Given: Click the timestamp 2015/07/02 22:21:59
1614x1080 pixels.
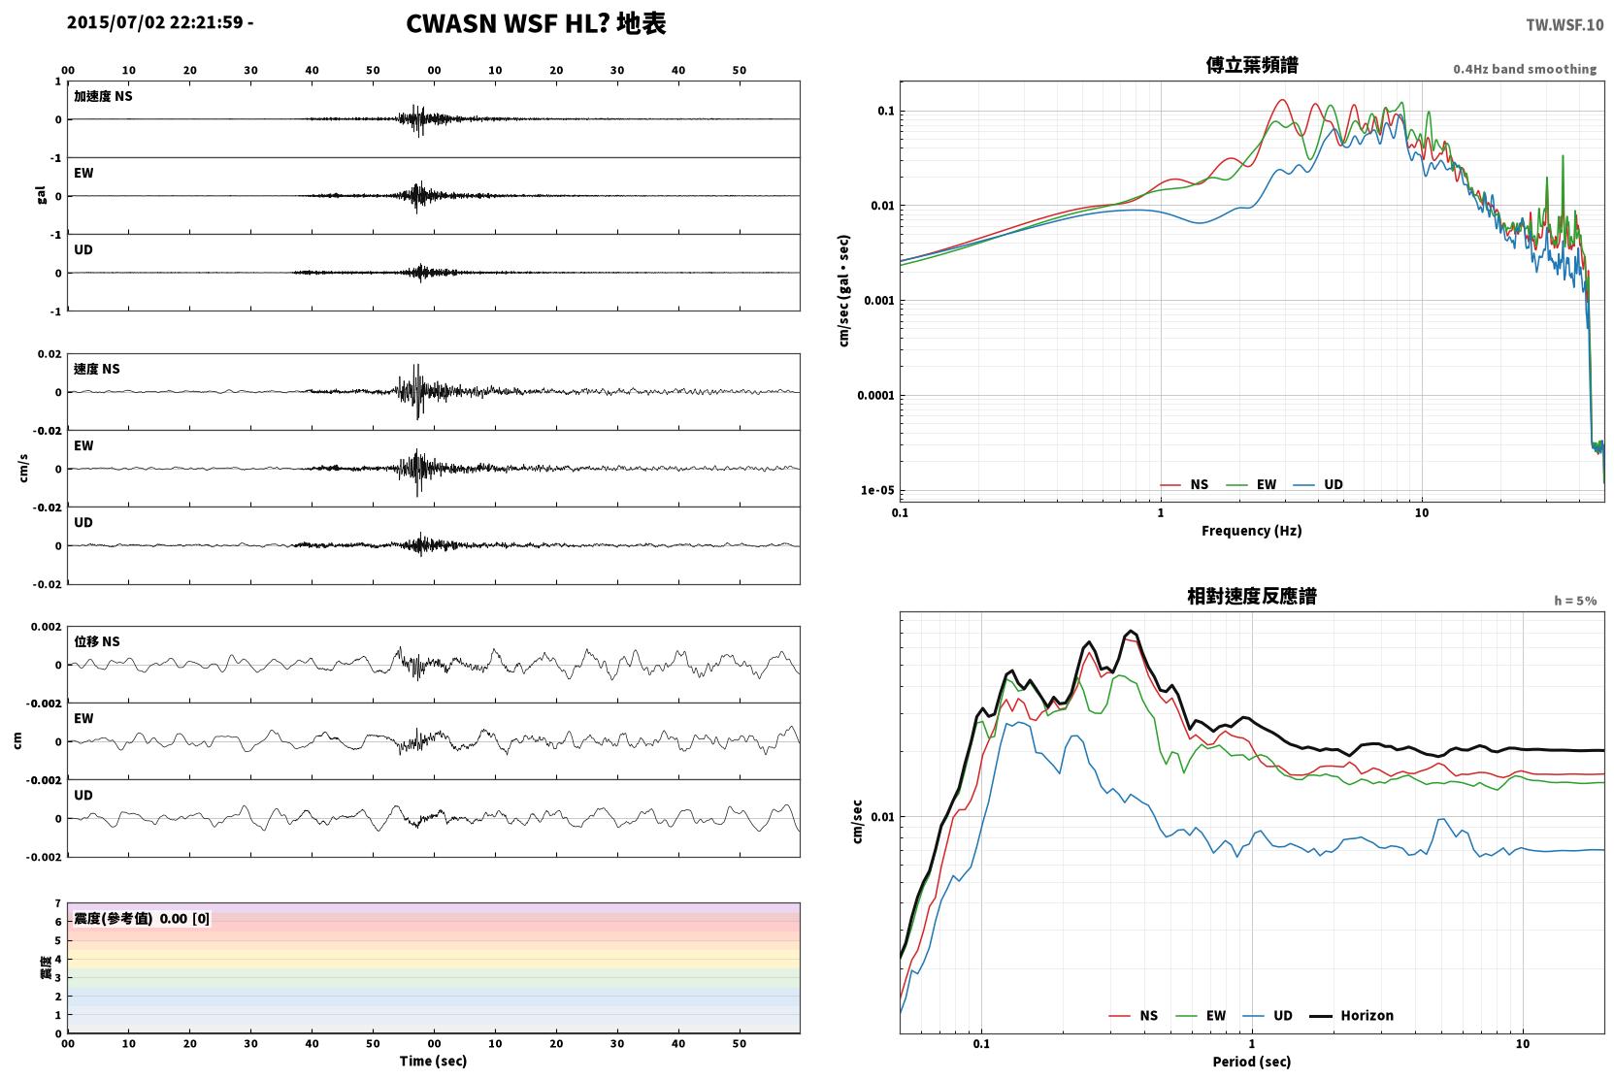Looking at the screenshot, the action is pos(155,22).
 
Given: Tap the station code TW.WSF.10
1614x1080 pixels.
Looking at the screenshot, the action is pos(1565,25).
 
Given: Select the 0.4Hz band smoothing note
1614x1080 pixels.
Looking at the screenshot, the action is pos(1525,69).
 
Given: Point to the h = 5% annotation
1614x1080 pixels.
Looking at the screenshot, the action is pos(1575,600).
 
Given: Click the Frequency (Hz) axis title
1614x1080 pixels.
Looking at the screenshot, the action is pos(1252,531).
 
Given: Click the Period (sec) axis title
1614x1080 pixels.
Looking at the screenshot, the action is pos(1252,1062).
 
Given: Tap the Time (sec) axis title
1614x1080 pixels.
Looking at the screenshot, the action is pos(433,1061).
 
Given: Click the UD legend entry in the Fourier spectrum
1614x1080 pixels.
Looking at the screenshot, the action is pos(1318,485).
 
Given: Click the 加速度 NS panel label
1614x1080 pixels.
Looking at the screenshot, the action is pos(103,96).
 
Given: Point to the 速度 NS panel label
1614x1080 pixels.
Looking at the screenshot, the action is pos(96,369).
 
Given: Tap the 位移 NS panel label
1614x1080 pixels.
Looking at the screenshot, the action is pos(96,641).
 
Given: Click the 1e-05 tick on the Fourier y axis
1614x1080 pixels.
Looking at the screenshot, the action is pos(877,491).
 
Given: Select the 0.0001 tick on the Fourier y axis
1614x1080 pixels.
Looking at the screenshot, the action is pos(874,396).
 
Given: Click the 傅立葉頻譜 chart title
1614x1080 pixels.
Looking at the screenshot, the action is pos(1252,66).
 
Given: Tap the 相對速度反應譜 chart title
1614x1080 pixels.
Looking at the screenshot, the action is pos(1252,597).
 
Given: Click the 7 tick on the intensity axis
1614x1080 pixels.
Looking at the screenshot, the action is pos(58,903).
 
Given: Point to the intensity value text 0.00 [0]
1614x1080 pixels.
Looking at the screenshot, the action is pos(184,919).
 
